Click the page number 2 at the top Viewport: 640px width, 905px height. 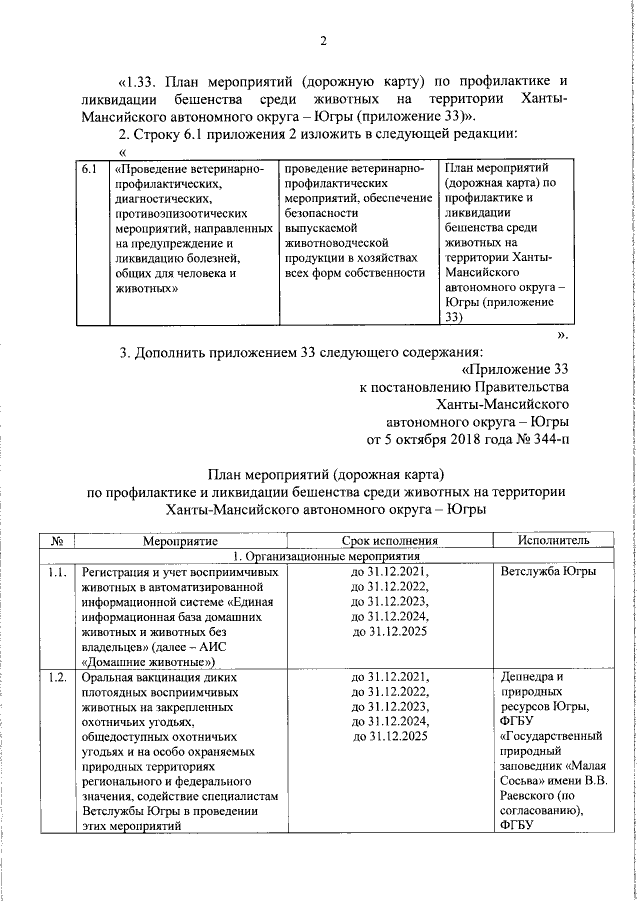pos(323,41)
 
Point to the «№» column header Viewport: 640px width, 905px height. pos(58,540)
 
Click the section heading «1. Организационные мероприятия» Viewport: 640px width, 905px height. pos(339,556)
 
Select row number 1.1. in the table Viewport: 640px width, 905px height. pos(58,572)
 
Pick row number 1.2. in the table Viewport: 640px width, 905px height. pos(58,676)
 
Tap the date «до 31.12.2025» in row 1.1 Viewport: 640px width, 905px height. pos(389,632)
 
